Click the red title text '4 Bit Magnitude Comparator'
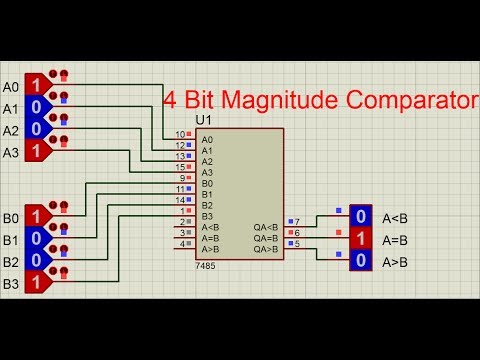tap(320, 100)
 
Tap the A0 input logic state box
tap(36, 84)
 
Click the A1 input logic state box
tap(36, 106)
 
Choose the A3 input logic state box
tap(36, 151)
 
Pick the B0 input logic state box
tap(36, 216)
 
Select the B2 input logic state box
tap(36, 260)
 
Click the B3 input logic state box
tap(36, 283)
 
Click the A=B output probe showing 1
tap(360, 239)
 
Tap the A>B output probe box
tap(360, 261)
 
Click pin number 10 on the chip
tap(181, 134)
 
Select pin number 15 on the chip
tap(181, 167)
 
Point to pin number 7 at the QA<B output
tap(297, 221)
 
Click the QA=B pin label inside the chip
tap(266, 238)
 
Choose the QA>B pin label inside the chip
tap(266, 249)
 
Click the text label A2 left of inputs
tap(11, 130)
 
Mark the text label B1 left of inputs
tap(11, 240)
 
